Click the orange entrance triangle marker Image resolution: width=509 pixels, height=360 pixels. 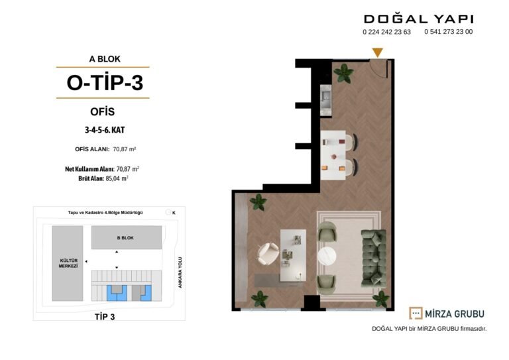pyautogui.click(x=377, y=52)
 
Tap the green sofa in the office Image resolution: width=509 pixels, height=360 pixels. pyautogui.click(x=374, y=258)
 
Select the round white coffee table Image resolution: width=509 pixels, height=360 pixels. pyautogui.click(x=327, y=257)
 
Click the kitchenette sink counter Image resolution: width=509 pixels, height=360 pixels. pyautogui.click(x=325, y=99)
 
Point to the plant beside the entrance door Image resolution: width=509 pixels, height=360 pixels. pyautogui.click(x=343, y=73)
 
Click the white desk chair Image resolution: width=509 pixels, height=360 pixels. pyautogui.click(x=268, y=254)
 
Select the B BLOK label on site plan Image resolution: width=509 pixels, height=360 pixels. pyautogui.click(x=125, y=238)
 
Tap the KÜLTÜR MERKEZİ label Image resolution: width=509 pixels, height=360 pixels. pyautogui.click(x=68, y=263)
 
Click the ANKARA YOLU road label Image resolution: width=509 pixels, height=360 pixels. pyautogui.click(x=180, y=272)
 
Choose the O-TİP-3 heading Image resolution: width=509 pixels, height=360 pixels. pyautogui.click(x=105, y=82)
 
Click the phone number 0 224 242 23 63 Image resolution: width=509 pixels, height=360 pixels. pyautogui.click(x=386, y=32)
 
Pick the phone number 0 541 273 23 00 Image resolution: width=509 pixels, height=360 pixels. pyautogui.click(x=448, y=31)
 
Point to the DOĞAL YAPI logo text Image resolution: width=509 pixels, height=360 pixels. pyautogui.click(x=418, y=19)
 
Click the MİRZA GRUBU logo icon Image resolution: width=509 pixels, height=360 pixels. pyautogui.click(x=416, y=313)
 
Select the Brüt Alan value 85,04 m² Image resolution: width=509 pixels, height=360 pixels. pyautogui.click(x=117, y=178)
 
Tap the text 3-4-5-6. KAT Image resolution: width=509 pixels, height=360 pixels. pyautogui.click(x=105, y=130)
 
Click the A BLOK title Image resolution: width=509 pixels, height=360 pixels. pyautogui.click(x=105, y=59)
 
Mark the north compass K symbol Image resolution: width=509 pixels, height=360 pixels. pyautogui.click(x=171, y=212)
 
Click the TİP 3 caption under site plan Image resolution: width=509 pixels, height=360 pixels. pyautogui.click(x=105, y=317)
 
